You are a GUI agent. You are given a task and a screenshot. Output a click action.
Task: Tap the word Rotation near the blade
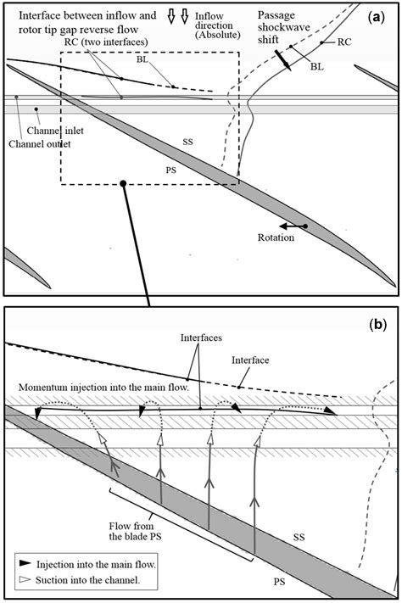coord(276,237)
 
